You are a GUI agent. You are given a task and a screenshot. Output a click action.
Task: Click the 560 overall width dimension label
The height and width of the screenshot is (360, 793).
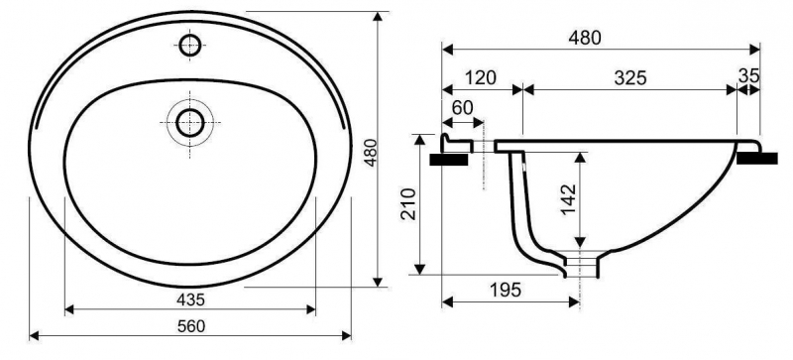coord(191,326)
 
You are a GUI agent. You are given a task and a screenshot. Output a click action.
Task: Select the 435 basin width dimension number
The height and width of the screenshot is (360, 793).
coord(190,300)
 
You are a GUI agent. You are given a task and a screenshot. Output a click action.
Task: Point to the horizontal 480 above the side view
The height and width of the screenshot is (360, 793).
coord(585,38)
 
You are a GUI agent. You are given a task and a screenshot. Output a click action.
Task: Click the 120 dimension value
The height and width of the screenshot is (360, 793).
coord(480,77)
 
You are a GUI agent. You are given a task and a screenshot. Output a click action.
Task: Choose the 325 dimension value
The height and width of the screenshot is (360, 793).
coord(630,77)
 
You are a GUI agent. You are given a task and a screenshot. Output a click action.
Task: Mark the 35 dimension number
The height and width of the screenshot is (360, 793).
coord(749,76)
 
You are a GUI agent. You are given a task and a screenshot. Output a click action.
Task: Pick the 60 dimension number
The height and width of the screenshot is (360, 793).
coord(461,108)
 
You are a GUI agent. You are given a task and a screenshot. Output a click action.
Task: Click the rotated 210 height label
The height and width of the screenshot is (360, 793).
coord(408,203)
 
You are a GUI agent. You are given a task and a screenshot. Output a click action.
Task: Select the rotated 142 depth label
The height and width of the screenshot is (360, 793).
coord(568,199)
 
